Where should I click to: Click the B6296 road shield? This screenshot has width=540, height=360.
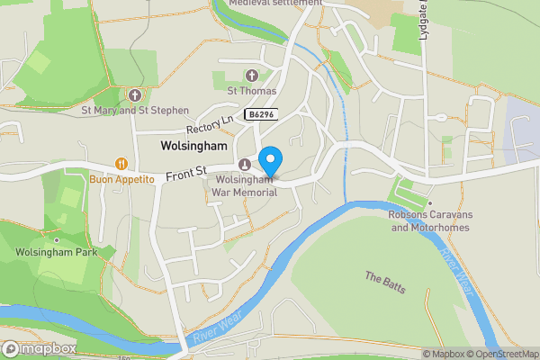click(x=262, y=114)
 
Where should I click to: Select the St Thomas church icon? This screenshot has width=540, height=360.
click(x=251, y=76)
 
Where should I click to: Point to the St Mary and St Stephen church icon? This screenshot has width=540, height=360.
click(x=135, y=94)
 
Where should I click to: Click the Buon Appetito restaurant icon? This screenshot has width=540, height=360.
click(x=120, y=164)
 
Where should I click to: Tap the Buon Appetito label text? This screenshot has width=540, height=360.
click(x=122, y=180)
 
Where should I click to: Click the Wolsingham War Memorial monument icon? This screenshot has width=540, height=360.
click(x=245, y=164)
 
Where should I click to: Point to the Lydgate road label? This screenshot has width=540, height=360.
click(x=422, y=20)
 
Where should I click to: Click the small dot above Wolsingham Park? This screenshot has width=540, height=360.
click(x=57, y=240)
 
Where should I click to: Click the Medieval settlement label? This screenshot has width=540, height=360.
click(x=274, y=4)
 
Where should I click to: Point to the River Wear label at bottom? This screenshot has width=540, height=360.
click(x=217, y=331)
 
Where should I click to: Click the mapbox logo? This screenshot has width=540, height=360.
click(x=40, y=348)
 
